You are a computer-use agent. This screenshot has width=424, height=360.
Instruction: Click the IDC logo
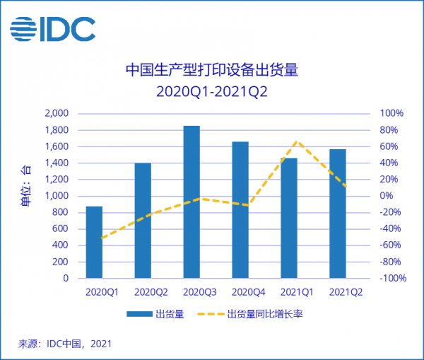pyautogui.click(x=53, y=30)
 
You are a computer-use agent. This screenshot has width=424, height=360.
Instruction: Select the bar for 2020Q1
pyautogui.click(x=94, y=242)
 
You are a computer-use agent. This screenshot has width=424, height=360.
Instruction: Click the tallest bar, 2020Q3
pyautogui.click(x=192, y=202)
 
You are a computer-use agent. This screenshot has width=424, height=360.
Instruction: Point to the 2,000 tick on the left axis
pyautogui.click(x=56, y=114)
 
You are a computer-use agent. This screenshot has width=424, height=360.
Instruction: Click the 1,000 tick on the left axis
pyautogui.click(x=56, y=196)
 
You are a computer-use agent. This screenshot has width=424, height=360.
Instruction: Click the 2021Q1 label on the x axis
pyautogui.click(x=289, y=291)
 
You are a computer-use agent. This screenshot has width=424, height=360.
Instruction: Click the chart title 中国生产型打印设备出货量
pyautogui.click(x=211, y=70)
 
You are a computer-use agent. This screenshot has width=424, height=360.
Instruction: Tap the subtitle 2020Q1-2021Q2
pyautogui.click(x=211, y=91)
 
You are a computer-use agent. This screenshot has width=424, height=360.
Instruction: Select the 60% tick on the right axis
pyautogui.click(x=391, y=146)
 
